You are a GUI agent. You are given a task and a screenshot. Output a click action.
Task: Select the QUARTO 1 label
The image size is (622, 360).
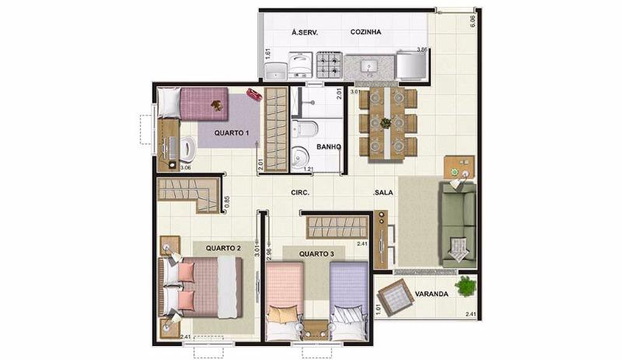(232, 133)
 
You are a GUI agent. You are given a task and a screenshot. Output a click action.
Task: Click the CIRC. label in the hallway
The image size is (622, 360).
(300, 192)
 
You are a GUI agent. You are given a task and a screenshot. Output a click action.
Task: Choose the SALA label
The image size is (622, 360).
(383, 192)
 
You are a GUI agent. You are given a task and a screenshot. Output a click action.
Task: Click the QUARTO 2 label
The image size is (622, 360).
(223, 248)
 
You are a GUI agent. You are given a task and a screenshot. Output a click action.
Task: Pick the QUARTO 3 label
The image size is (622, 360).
(317, 253)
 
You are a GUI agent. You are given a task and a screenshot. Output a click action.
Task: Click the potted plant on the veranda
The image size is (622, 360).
(466, 286)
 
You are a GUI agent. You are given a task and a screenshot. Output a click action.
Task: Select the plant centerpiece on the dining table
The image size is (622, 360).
(386, 122)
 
